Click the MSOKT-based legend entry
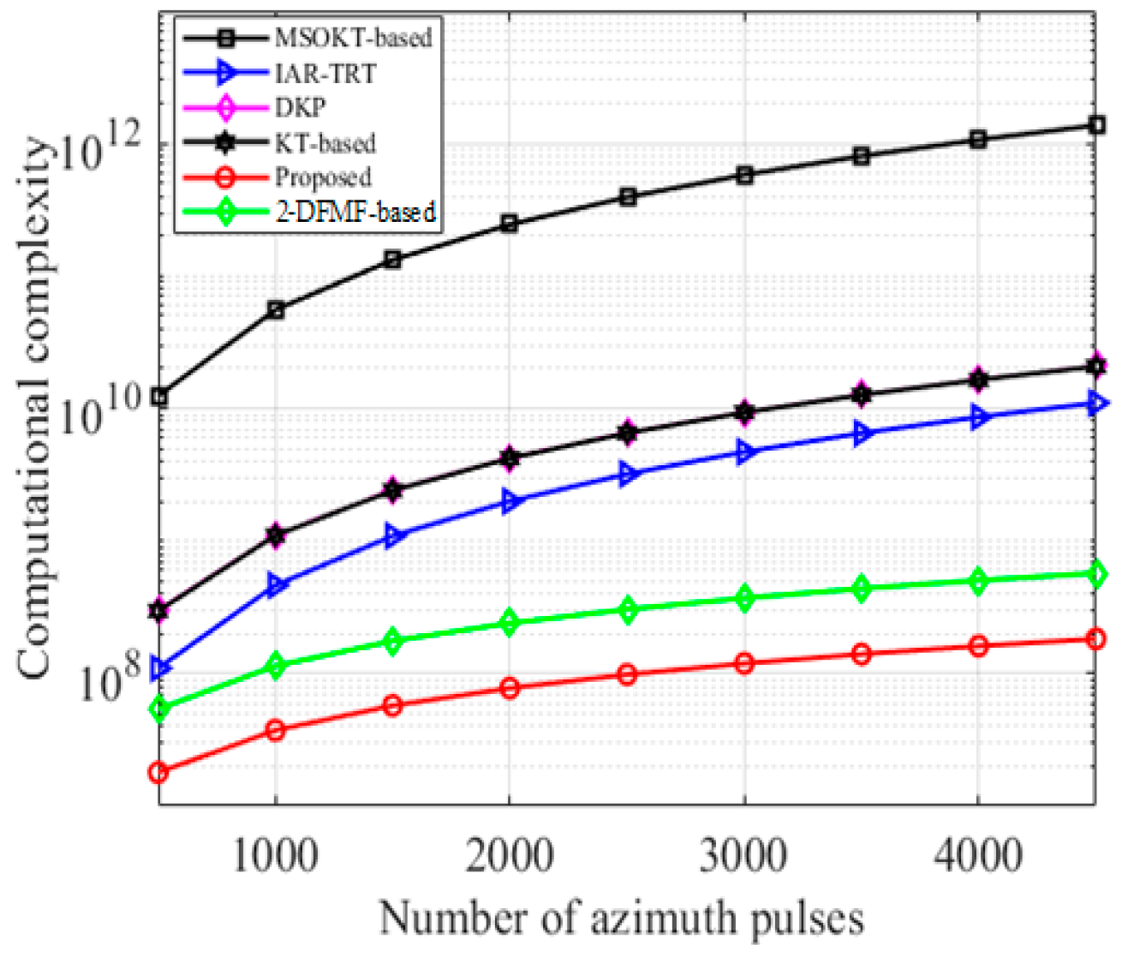(352, 38)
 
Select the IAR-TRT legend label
(325, 74)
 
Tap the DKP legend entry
(300, 108)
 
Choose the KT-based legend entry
(325, 142)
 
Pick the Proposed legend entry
(322, 176)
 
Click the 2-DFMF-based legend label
(355, 211)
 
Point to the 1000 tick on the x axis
(275, 854)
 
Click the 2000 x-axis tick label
(509, 854)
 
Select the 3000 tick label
(743, 854)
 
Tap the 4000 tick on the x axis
(977, 854)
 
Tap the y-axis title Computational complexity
(36, 407)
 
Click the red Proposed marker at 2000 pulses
(509, 688)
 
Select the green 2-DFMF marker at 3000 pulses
(743, 598)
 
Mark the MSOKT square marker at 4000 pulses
(977, 140)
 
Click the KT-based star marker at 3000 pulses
(743, 412)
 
